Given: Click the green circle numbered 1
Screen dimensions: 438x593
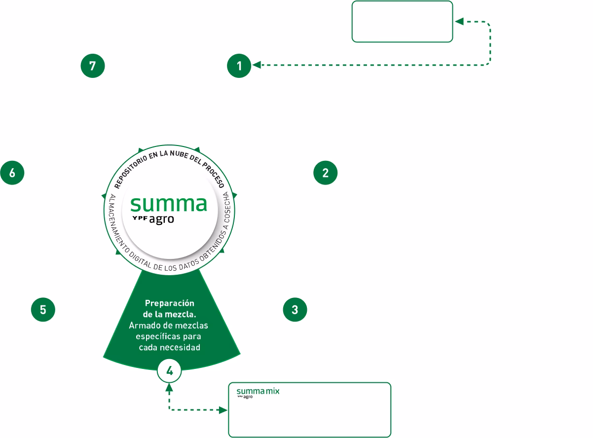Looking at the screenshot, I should (239, 66).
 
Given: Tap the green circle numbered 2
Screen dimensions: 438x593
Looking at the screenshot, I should (326, 173).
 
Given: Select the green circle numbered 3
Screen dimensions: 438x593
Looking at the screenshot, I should (295, 310).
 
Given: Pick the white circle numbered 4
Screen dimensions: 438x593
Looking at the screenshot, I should (170, 370).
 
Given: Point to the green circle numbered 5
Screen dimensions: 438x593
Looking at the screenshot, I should (43, 310).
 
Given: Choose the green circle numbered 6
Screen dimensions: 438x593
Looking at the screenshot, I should (12, 173).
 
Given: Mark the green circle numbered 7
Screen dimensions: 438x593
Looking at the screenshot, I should (93, 66).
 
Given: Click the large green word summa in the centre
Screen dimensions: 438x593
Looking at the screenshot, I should (168, 204).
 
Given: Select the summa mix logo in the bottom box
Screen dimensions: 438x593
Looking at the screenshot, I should (258, 393).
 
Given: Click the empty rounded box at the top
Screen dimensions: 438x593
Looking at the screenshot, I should (402, 22).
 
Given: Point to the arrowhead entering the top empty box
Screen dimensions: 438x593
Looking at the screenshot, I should (458, 22).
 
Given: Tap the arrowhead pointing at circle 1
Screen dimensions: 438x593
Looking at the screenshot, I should (256, 65).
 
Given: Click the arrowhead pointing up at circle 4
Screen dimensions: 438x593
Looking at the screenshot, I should (170, 387).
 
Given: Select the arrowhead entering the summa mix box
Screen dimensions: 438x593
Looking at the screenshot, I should (224, 409).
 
